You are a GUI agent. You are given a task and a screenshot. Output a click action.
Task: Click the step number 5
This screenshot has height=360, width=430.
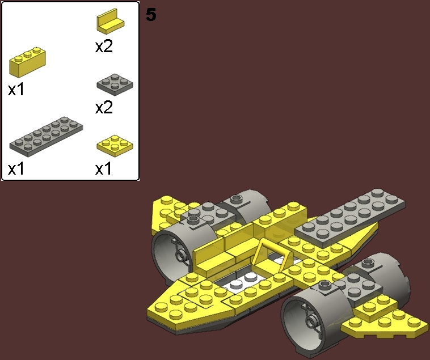[151, 15]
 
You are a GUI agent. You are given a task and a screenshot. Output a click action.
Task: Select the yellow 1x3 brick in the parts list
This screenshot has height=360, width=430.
[27, 63]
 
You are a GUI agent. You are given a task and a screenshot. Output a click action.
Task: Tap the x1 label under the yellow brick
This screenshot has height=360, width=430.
[16, 89]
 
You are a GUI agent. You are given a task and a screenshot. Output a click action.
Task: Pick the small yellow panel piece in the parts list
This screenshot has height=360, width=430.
[111, 23]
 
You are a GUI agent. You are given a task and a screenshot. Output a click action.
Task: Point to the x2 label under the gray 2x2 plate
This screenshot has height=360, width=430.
[104, 108]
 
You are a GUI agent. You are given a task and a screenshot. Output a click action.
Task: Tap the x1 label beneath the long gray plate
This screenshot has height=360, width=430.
[16, 169]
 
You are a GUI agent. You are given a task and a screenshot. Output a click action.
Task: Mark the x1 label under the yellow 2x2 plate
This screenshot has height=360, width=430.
[103, 169]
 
